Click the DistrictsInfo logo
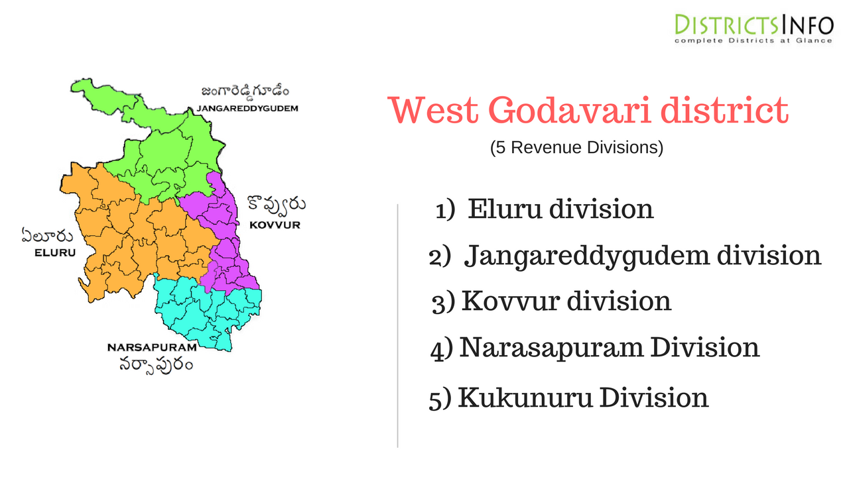tap(753, 29)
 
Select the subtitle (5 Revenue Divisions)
tap(576, 148)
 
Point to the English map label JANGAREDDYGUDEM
tap(247, 107)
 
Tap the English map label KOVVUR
tap(275, 225)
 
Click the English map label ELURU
tap(56, 252)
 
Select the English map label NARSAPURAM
tap(152, 347)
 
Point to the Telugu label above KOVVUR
tap(276, 205)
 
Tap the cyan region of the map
tap(206, 311)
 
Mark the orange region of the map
tap(126, 232)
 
